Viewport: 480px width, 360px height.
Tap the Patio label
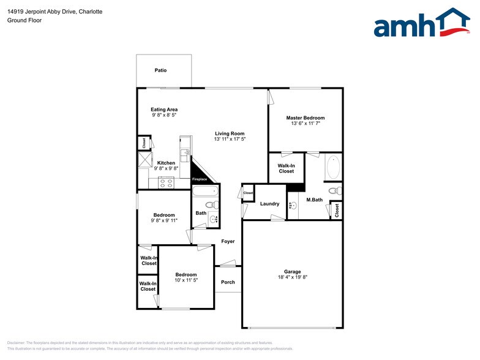tap(160, 70)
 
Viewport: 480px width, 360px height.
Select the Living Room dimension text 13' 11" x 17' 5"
tap(230, 140)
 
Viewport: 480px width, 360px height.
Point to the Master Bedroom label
tap(306, 118)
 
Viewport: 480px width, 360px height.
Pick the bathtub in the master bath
tap(334, 168)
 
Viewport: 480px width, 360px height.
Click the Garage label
tap(292, 272)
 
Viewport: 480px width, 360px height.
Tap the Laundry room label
tap(269, 204)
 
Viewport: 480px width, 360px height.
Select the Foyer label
tap(228, 242)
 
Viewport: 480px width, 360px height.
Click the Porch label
tap(228, 282)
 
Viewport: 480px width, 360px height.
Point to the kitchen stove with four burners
tap(166, 182)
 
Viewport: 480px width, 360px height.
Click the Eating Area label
tap(164, 110)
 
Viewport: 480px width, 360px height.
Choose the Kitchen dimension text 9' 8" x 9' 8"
tap(166, 169)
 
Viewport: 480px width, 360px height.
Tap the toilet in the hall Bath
tap(209, 204)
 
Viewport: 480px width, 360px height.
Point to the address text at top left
tap(54, 12)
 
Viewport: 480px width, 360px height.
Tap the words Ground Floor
tap(24, 20)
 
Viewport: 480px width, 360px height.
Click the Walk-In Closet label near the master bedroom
tap(286, 168)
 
